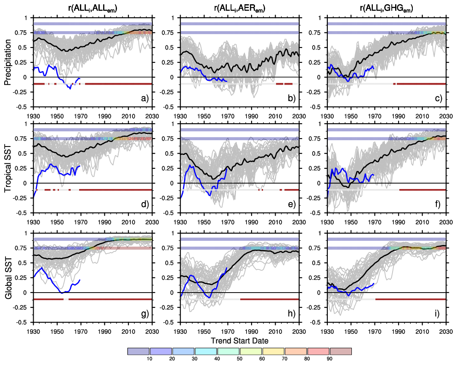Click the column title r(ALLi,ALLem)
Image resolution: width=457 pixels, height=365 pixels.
pyautogui.click(x=92, y=7)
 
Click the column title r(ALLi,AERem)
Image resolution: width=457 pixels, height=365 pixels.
pyautogui.click(x=239, y=7)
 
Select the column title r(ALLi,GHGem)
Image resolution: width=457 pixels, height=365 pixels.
pyautogui.click(x=386, y=7)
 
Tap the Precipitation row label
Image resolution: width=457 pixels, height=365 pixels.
pyautogui.click(x=8, y=62)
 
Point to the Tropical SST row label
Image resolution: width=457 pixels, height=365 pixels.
pyautogui.click(x=8, y=168)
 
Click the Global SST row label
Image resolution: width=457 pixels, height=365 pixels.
pyautogui.click(x=8, y=277)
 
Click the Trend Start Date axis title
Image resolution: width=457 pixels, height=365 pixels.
pyautogui.click(x=239, y=340)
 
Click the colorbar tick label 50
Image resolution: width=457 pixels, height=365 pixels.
pyautogui.click(x=239, y=359)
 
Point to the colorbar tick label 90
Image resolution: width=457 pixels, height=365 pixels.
pyautogui.click(x=329, y=359)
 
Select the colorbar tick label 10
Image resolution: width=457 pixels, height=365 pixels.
pyautogui.click(x=149, y=359)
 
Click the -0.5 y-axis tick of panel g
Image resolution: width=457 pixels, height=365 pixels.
pyautogui.click(x=25, y=322)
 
